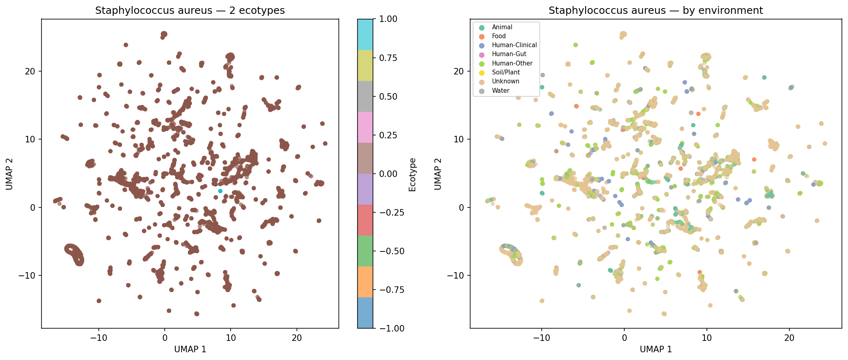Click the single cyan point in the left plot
(220, 191)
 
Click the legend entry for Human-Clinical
(514, 45)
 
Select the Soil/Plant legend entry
(506, 72)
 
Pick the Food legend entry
(499, 36)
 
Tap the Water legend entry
(500, 91)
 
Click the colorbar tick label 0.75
(388, 58)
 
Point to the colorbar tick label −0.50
(391, 251)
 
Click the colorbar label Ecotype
(412, 175)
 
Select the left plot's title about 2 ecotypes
(190, 11)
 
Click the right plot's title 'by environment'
(656, 11)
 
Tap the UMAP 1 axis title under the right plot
(656, 349)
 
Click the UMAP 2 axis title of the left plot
(9, 174)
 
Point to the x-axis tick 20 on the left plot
(297, 338)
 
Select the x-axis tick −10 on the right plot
(542, 338)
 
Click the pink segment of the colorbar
(365, 127)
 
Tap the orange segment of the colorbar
(365, 282)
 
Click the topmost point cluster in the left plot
(164, 35)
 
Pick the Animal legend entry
(502, 27)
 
